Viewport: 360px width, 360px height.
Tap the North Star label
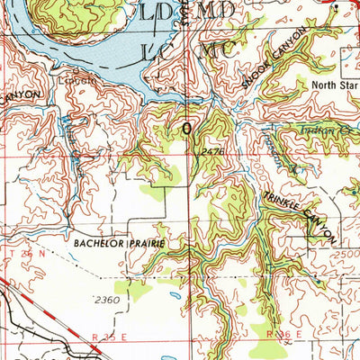tap(335, 86)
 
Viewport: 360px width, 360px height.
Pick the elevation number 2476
tap(211, 152)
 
